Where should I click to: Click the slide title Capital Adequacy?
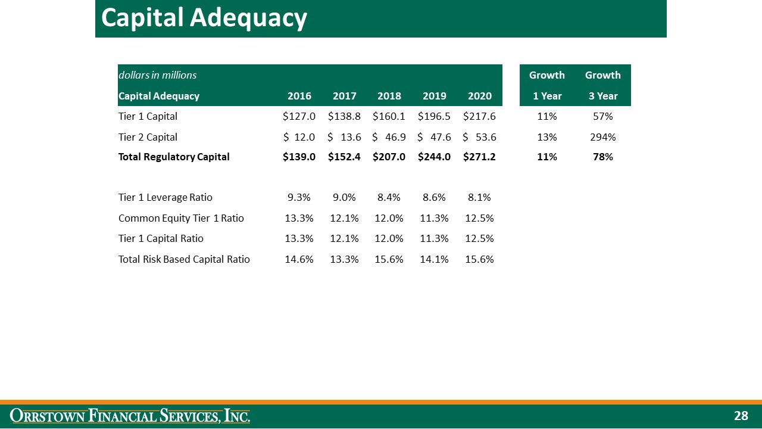tap(204, 18)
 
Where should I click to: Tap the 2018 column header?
tap(389, 96)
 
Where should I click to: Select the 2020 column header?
tap(479, 96)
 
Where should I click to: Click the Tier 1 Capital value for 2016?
tap(299, 117)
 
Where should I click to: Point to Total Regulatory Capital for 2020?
tap(479, 157)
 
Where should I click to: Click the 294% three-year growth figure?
tap(602, 137)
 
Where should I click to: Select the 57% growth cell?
tap(602, 117)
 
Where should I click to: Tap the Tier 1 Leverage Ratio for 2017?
tap(344, 197)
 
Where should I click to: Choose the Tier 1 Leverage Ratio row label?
tap(165, 197)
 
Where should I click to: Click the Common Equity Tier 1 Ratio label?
tap(181, 218)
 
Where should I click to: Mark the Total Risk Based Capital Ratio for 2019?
tap(434, 259)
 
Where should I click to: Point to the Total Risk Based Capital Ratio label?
tap(184, 259)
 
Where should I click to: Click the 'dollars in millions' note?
tap(157, 75)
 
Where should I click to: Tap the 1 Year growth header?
tap(547, 96)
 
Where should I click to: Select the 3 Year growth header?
tap(602, 96)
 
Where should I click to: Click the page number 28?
tap(741, 416)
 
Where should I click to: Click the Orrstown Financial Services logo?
tap(130, 416)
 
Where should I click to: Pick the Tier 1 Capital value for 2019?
tap(434, 117)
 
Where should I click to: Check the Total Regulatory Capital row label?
tap(174, 157)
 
